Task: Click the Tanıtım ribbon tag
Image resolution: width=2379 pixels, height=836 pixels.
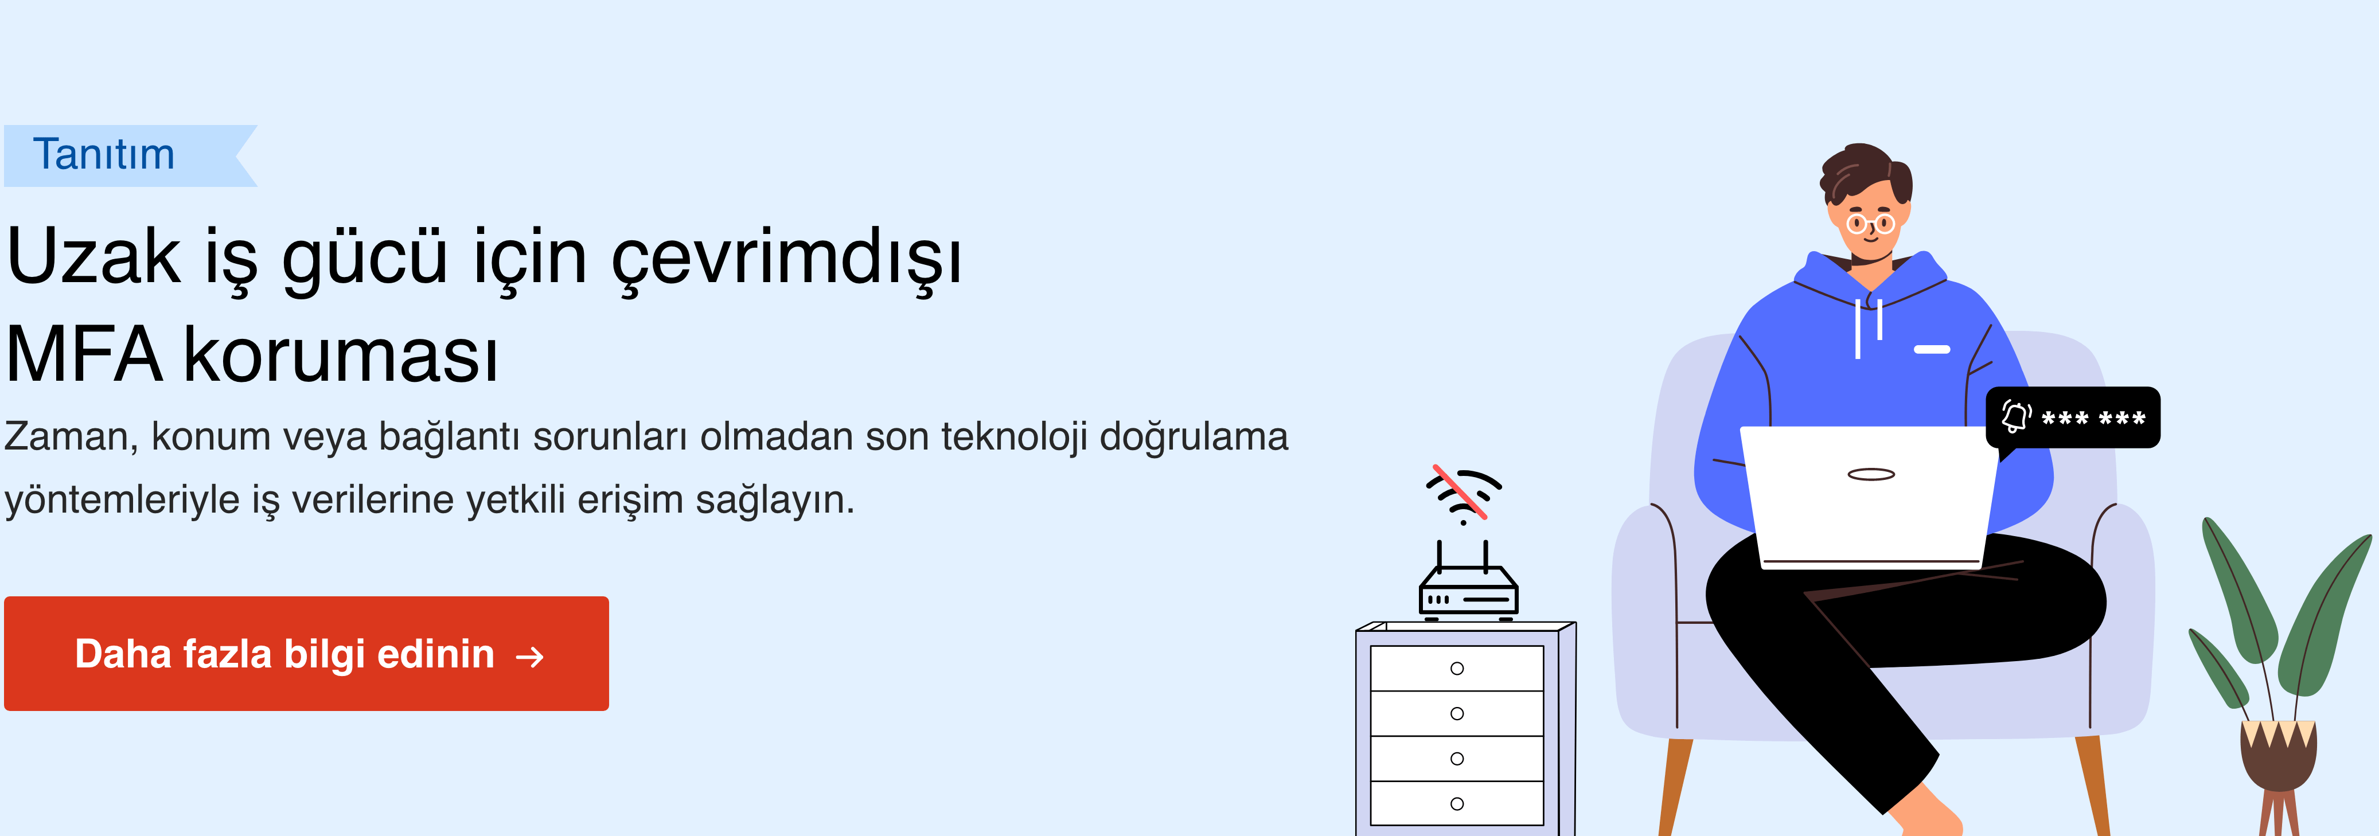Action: [x=129, y=155]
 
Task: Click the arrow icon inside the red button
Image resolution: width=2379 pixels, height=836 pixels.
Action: [x=530, y=657]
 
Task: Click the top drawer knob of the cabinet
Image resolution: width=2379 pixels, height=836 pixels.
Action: [x=1457, y=669]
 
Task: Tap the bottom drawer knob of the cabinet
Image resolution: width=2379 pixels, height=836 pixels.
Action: [x=1457, y=804]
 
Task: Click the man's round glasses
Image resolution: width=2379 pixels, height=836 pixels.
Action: [x=1870, y=224]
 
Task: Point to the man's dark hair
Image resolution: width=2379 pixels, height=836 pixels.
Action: [x=1863, y=171]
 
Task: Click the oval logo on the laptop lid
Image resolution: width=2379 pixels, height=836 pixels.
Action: [x=1871, y=475]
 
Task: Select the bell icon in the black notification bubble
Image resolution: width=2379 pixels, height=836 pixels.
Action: [x=2016, y=417]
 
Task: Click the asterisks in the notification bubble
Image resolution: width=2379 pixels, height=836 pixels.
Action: [x=2093, y=419]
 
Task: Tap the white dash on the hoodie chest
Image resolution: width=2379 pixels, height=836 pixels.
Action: [x=1932, y=349]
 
